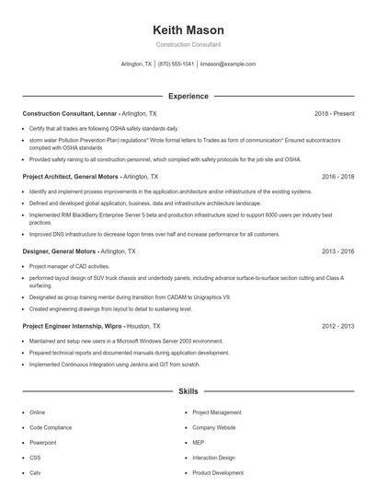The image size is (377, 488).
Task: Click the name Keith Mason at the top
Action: tap(188, 30)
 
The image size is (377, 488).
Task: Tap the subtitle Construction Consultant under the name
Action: tap(188, 44)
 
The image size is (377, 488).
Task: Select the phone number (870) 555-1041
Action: tap(176, 64)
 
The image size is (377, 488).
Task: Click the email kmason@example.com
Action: tap(228, 64)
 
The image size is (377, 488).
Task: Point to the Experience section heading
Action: tap(188, 96)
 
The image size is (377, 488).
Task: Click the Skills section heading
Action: tap(188, 391)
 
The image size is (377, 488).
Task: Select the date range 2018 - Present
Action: tap(334, 113)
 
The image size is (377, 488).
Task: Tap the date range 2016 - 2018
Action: tap(337, 176)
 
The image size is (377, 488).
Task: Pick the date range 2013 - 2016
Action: tap(337, 250)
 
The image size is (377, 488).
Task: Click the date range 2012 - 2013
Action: tap(337, 326)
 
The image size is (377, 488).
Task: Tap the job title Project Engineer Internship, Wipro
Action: tap(73, 326)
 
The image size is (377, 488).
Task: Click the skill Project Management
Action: tap(217, 412)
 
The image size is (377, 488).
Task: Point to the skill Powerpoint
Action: tap(43, 442)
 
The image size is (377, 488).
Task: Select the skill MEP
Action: tap(199, 442)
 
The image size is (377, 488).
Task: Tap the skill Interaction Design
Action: tap(214, 458)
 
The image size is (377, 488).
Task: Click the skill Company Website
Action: tap(214, 427)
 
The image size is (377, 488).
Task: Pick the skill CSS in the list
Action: tap(35, 458)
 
